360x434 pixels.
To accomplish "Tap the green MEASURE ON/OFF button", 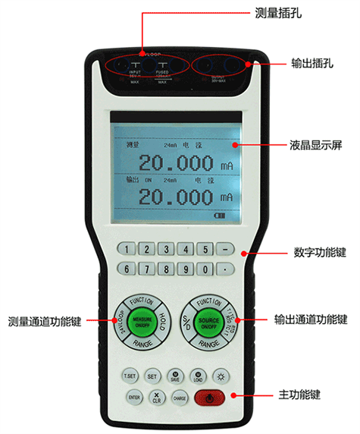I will click(x=142, y=322).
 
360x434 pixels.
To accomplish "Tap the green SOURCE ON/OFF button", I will click(x=208, y=322).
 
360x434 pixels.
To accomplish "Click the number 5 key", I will click(x=204, y=248).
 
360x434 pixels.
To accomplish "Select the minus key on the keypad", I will click(x=225, y=248).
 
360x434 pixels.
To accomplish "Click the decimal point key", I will click(x=225, y=268).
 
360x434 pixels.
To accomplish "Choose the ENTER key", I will click(x=134, y=397).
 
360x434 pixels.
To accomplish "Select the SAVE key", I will click(x=175, y=376).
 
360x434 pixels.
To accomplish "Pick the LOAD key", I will click(x=199, y=376).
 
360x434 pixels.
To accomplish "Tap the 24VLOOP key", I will click(x=119, y=322).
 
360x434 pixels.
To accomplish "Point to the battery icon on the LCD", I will click(x=219, y=218).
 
